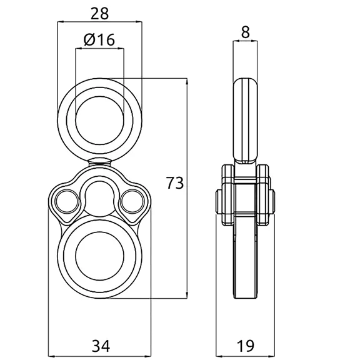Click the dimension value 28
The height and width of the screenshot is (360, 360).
pyautogui.click(x=99, y=13)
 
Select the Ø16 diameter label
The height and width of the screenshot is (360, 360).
pyautogui.click(x=99, y=39)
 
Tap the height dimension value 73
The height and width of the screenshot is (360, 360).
pyautogui.click(x=175, y=183)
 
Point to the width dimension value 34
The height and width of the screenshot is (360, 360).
pyautogui.click(x=101, y=346)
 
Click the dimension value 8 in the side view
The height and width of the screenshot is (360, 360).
pyautogui.click(x=246, y=32)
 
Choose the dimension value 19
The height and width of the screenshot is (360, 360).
pyautogui.click(x=246, y=346)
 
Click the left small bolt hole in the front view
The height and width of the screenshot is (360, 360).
pyautogui.click(x=67, y=201)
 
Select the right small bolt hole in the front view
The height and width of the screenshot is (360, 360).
pyautogui.click(x=132, y=201)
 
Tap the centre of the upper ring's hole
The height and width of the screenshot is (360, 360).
pyautogui.click(x=99, y=120)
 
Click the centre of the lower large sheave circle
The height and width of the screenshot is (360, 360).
pyautogui.click(x=99, y=256)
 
